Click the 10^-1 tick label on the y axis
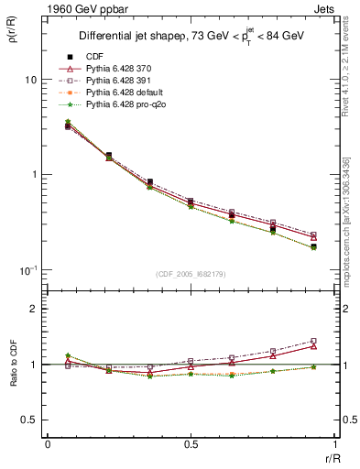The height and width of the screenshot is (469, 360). [x=26, y=269]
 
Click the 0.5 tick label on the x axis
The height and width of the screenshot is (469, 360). [x=191, y=443]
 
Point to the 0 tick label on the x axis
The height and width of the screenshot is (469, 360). [x=48, y=443]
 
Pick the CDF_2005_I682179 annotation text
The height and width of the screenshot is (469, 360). [x=191, y=273]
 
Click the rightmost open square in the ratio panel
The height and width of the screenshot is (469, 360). [x=313, y=341]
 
